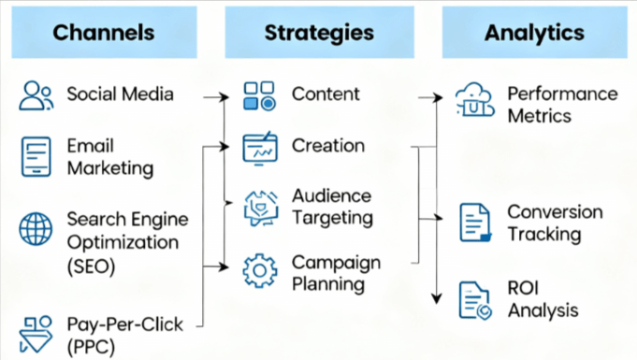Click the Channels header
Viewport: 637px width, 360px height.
coord(104,33)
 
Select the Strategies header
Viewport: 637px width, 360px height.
coord(319,33)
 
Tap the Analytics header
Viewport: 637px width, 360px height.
coord(534,33)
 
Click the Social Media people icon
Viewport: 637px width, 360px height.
coord(36,95)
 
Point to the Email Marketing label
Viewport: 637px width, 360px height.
coord(109,157)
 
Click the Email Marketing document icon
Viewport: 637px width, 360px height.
coord(36,157)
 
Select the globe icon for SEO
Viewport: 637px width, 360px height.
coord(36,228)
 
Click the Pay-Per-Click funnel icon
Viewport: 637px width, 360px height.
coord(36,334)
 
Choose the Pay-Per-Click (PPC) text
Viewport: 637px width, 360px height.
coord(124,335)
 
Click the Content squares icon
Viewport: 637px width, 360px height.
coord(259,95)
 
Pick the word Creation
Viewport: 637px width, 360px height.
coord(328,146)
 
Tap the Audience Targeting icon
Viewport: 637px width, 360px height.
coord(259,207)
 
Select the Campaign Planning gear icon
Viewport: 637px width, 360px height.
coord(259,271)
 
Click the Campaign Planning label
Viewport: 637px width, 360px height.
coord(336,272)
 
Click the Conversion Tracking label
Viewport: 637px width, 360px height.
coord(555,223)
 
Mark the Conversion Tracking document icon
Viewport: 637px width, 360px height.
coord(475,223)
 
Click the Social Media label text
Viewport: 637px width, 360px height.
coord(120,94)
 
